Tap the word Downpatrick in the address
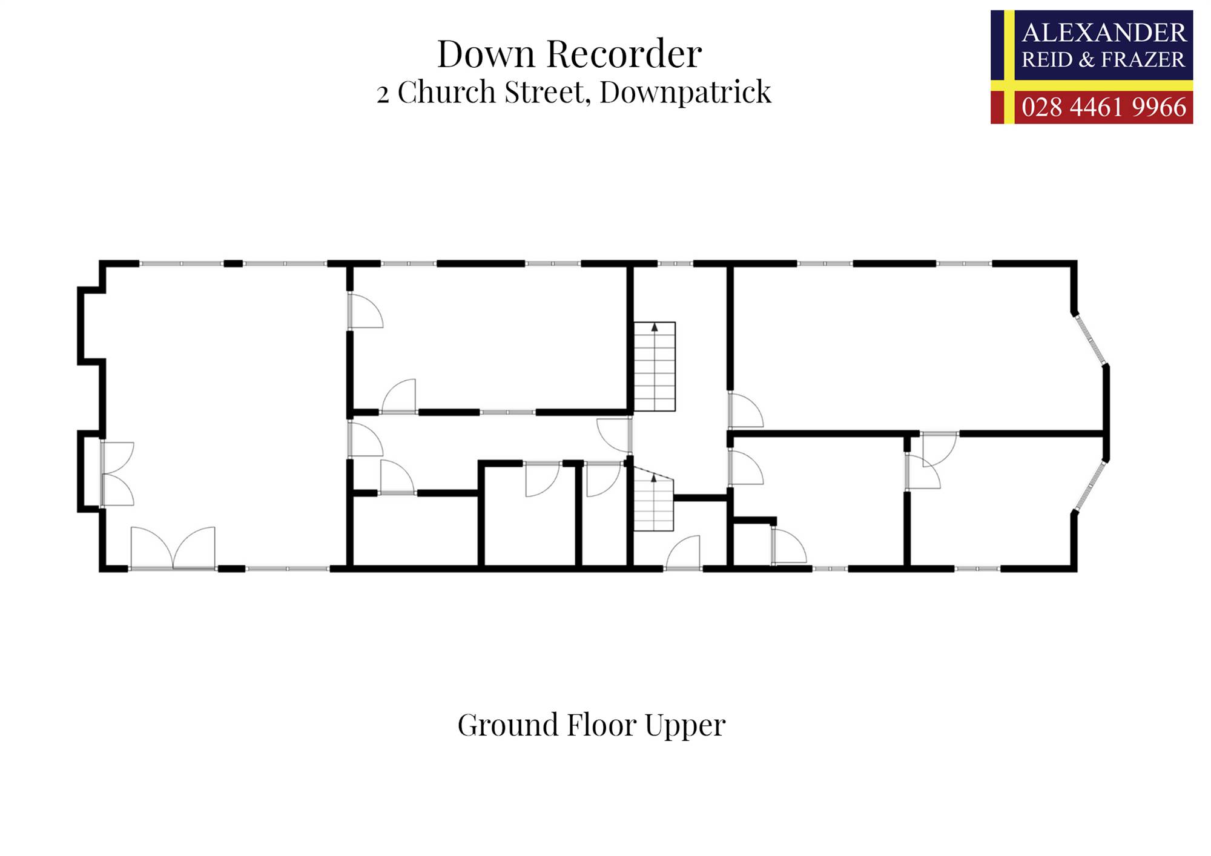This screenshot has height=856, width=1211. (x=685, y=93)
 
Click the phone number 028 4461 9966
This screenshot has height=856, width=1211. (x=1103, y=107)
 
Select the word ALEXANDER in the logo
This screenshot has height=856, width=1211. (x=1103, y=33)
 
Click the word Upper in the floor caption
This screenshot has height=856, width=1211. (x=685, y=725)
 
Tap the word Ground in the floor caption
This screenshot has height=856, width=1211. (x=507, y=725)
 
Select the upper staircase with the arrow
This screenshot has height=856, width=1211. (x=655, y=367)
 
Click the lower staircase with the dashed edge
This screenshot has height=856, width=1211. (x=653, y=502)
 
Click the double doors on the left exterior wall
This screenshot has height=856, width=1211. (x=117, y=473)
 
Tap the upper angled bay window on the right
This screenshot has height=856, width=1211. (x=1090, y=339)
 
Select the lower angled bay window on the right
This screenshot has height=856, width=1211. (x=1091, y=486)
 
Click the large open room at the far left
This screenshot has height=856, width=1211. (x=224, y=412)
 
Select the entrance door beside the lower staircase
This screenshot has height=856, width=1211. (x=683, y=554)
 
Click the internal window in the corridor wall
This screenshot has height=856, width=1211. (x=507, y=412)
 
